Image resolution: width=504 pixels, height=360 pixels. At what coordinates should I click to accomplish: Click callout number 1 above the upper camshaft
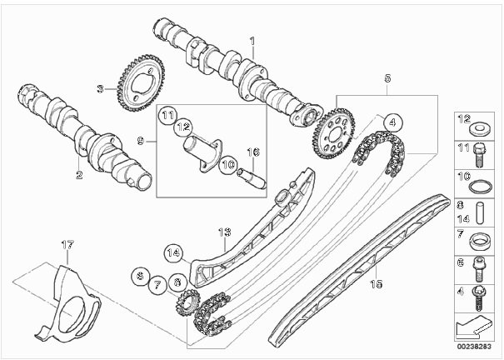point(252,40)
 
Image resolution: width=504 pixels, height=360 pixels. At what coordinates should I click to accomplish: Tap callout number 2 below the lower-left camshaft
point(79,176)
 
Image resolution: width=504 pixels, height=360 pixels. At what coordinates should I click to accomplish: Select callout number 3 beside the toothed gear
point(99,87)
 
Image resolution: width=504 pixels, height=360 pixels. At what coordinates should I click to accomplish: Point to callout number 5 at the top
point(387,77)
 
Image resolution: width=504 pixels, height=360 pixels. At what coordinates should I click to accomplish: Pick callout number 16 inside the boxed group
point(256,152)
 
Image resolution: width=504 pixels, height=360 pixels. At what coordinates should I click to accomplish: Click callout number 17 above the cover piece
point(67,244)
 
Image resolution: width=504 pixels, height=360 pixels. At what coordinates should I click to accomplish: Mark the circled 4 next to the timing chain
point(389,121)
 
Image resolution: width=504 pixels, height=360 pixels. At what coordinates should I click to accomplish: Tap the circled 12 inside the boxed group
point(183,127)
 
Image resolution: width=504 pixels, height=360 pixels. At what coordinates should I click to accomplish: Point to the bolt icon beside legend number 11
point(480,153)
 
